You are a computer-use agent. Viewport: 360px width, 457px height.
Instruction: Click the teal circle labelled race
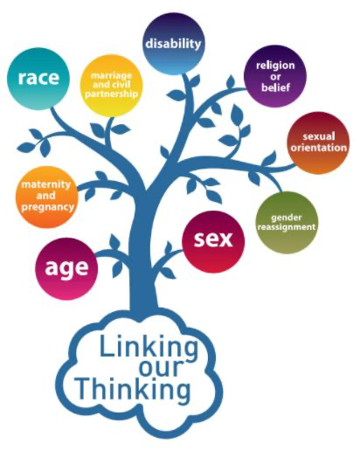38,79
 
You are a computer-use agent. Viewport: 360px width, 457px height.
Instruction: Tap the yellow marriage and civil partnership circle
111,85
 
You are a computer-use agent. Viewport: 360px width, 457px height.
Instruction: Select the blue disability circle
173,44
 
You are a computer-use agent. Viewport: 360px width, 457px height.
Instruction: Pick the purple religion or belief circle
275,76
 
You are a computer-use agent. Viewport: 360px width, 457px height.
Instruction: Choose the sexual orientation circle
318,142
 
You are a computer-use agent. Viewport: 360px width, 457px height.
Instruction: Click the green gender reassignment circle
287,222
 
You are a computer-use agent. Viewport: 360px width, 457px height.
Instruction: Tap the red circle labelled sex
213,242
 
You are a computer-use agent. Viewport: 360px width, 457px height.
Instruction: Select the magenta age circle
66,268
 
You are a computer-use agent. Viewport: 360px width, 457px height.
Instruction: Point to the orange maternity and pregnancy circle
46,197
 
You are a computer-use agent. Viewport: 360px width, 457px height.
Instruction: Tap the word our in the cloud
161,368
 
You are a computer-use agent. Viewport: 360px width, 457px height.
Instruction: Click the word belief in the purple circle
275,87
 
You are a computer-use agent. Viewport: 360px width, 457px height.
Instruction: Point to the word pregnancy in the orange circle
47,207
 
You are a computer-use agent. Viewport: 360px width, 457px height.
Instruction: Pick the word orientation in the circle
319,148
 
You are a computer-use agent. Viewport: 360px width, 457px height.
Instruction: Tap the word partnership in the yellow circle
111,93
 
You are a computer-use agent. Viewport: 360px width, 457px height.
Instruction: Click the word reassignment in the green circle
287,226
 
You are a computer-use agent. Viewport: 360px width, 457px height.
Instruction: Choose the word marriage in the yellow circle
111,76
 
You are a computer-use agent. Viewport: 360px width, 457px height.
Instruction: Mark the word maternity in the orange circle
46,184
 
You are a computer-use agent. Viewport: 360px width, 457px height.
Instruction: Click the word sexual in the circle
319,136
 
